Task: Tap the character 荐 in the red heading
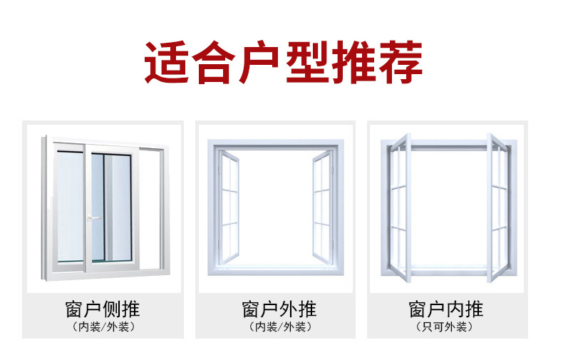click(x=400, y=63)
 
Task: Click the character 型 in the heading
click(x=306, y=63)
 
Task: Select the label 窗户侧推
click(x=103, y=309)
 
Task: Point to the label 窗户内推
click(x=446, y=309)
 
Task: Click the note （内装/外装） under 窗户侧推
click(x=103, y=327)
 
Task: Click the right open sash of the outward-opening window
click(x=322, y=207)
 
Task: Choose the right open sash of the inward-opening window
click(x=497, y=207)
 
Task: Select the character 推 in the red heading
click(x=353, y=63)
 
